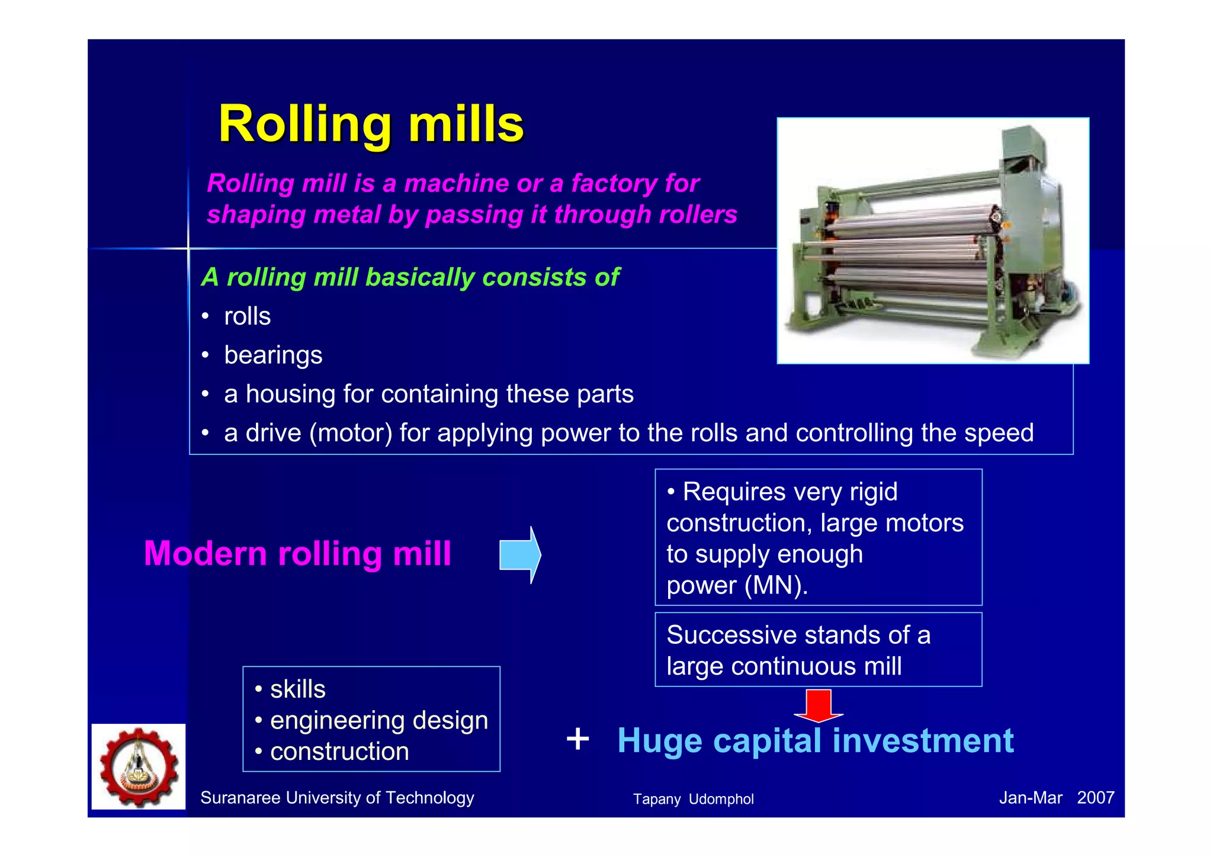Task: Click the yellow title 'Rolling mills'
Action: [371, 124]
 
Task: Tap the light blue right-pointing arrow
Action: [519, 555]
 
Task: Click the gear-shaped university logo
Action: [139, 767]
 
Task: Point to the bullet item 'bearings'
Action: [273, 355]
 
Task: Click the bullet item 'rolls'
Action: [247, 316]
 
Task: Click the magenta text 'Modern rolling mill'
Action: [297, 554]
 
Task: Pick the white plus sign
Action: [577, 739]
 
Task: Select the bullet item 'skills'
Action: [297, 689]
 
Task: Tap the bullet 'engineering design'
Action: [379, 721]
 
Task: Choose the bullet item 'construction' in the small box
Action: [339, 752]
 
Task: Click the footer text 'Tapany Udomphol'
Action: [693, 799]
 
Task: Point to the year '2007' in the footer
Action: [1095, 798]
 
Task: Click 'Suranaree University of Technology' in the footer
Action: [337, 798]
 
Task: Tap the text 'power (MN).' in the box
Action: [737, 586]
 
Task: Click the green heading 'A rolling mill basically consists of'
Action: [410, 277]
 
